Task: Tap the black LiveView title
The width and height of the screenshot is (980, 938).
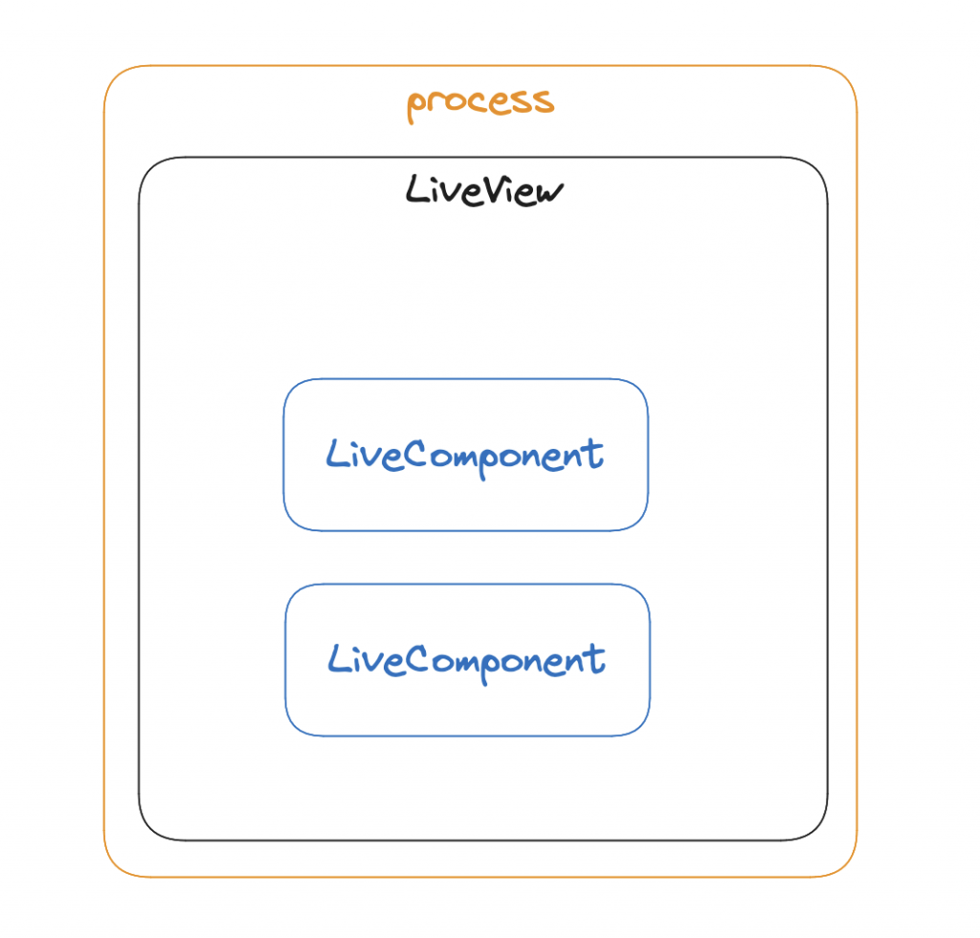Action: pyautogui.click(x=484, y=190)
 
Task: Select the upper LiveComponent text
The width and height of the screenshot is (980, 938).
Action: pyautogui.click(x=465, y=455)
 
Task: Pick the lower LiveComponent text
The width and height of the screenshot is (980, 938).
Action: pyautogui.click(x=466, y=660)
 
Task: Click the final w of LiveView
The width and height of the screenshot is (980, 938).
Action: pyautogui.click(x=549, y=192)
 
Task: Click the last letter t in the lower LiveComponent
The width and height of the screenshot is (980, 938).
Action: pyautogui.click(x=596, y=659)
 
